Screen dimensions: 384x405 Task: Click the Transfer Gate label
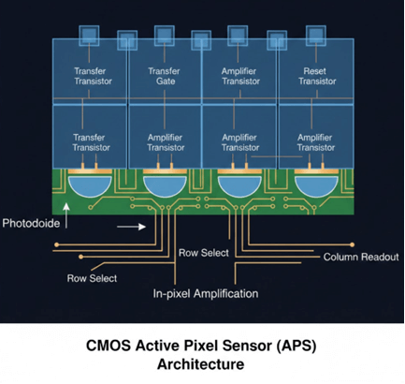click(165, 74)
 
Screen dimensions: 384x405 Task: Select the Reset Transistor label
click(316, 74)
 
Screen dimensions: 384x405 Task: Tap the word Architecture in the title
click(202, 363)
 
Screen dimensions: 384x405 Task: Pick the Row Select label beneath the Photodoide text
click(91, 277)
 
